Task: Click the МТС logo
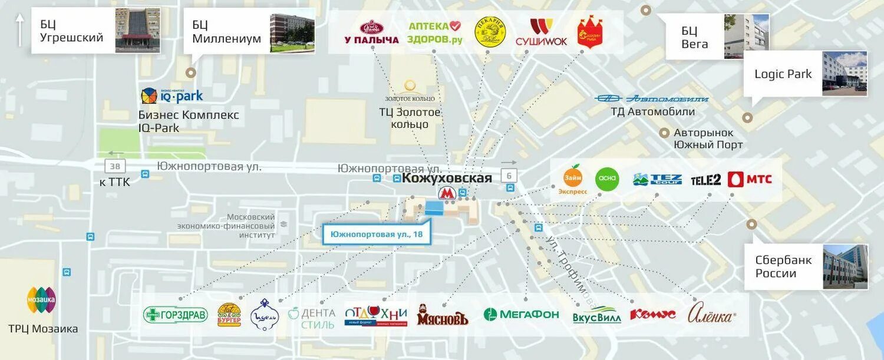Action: click(750, 179)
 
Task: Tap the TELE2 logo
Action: click(705, 180)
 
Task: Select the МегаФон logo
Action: click(521, 314)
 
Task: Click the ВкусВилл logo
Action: click(596, 315)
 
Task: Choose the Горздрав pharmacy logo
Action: click(176, 315)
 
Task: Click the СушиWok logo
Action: click(541, 32)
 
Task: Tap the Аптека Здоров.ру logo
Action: click(435, 32)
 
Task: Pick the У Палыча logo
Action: click(372, 32)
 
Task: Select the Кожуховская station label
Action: click(447, 178)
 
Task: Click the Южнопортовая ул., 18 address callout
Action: click(377, 234)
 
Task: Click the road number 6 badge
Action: click(509, 175)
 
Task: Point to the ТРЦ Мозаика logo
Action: click(41, 300)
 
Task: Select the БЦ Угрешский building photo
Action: click(137, 31)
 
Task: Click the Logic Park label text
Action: click(783, 74)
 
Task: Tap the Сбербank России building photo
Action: click(845, 267)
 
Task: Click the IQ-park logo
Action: click(171, 95)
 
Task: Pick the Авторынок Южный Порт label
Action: click(708, 138)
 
